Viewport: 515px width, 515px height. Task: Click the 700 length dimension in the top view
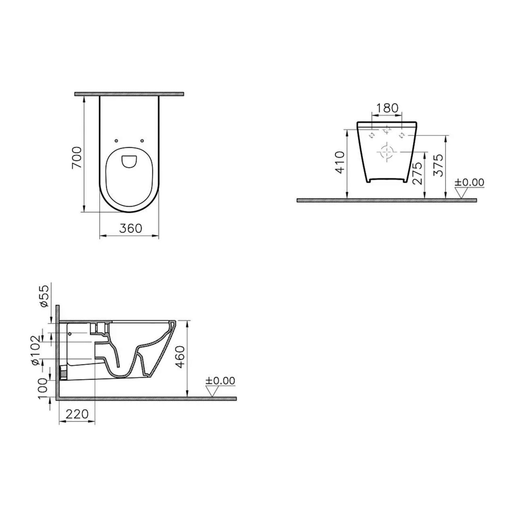click(x=77, y=158)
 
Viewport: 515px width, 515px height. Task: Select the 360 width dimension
click(x=131, y=228)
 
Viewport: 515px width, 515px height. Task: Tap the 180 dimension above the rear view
click(x=387, y=108)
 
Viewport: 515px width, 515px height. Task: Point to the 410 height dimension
click(x=340, y=162)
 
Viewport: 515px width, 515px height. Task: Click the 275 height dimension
click(x=418, y=173)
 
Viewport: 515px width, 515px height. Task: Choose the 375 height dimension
click(x=439, y=165)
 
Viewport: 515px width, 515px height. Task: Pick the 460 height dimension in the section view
click(x=181, y=357)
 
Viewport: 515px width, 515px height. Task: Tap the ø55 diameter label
click(x=44, y=296)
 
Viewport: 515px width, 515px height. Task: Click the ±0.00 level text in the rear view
click(x=469, y=182)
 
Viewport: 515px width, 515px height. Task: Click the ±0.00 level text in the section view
click(x=220, y=380)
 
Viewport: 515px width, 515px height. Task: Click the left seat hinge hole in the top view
click(x=116, y=141)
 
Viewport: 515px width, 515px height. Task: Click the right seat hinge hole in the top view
click(x=142, y=141)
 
